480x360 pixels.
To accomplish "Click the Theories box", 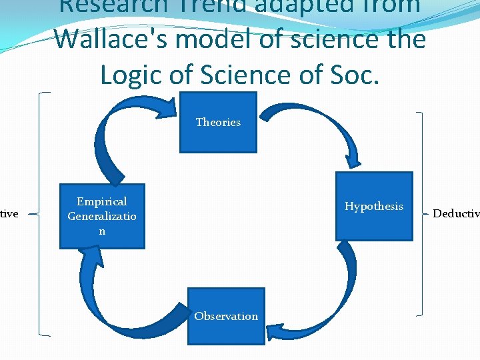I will pyautogui.click(x=218, y=122).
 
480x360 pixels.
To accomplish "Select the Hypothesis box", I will pyautogui.click(x=373, y=206).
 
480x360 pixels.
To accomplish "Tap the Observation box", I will pyautogui.click(x=226, y=316).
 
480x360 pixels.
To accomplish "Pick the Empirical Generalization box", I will pyautogui.click(x=102, y=216).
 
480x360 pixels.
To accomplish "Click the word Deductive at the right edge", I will pyautogui.click(x=456, y=213).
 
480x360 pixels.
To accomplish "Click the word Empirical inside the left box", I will pyautogui.click(x=102, y=201).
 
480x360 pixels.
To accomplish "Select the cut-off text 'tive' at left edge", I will pyautogui.click(x=9, y=213).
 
